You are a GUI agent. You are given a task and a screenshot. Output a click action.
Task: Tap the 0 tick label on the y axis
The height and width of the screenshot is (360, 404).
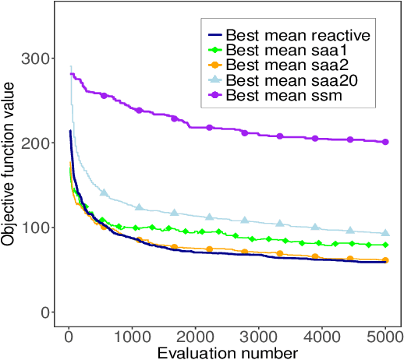pos(48,312)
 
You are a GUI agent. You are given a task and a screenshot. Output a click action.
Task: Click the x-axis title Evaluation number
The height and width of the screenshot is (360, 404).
pos(228,352)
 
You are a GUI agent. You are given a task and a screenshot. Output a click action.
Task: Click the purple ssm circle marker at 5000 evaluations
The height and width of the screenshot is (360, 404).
pos(385,142)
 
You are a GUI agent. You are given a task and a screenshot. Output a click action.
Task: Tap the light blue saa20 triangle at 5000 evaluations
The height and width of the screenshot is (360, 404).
pos(385,233)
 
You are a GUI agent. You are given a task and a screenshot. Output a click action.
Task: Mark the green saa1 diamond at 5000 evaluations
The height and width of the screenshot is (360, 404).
pos(385,245)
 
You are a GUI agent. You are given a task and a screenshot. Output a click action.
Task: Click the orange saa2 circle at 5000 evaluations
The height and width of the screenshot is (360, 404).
pos(385,260)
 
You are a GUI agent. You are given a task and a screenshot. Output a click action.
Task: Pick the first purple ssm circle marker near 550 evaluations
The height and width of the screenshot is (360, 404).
pos(105,95)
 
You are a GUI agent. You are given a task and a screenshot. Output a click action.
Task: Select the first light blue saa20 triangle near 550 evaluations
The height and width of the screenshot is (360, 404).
pos(105,192)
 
